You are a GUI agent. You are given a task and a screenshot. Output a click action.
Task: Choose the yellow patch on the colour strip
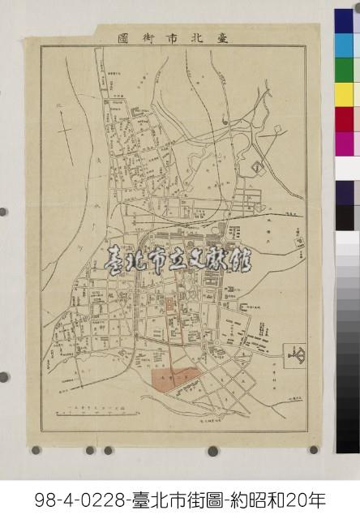pos(344,95)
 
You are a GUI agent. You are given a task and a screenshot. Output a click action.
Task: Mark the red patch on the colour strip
pos(344,119)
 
